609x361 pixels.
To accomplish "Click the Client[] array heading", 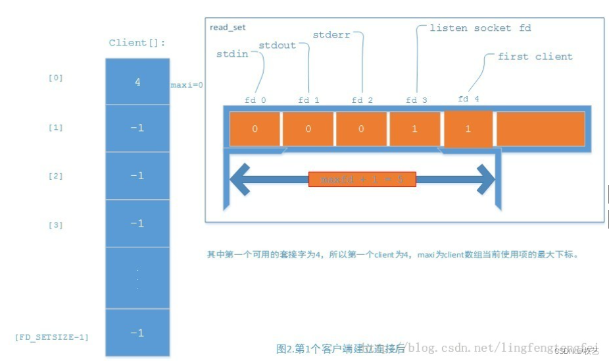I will tap(137, 43).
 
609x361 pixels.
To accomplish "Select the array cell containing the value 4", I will tap(137, 82).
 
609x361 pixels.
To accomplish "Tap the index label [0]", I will tap(56, 78).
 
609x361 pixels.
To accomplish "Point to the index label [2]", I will tap(56, 176).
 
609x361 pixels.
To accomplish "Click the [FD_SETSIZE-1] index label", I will tap(52, 337).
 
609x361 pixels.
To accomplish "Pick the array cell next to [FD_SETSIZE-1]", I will tap(137, 333).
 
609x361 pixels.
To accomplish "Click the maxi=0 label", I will tap(187, 85).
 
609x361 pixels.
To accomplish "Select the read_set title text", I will tap(228, 27).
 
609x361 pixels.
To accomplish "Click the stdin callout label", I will tap(232, 54).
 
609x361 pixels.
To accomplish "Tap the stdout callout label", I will tap(277, 45).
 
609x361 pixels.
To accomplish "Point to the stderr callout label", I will tap(331, 34).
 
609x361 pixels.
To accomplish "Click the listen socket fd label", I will tap(479, 28).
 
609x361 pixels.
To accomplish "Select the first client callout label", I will tap(535, 57).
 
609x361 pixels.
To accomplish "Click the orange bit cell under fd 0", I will tap(255, 129).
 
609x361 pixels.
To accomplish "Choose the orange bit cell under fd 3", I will tap(414, 129).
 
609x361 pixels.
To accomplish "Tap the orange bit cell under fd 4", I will tap(468, 129).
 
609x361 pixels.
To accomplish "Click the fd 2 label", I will tap(362, 100).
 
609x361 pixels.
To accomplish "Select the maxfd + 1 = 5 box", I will tap(362, 179).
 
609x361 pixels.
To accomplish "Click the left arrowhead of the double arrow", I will tap(239, 179).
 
